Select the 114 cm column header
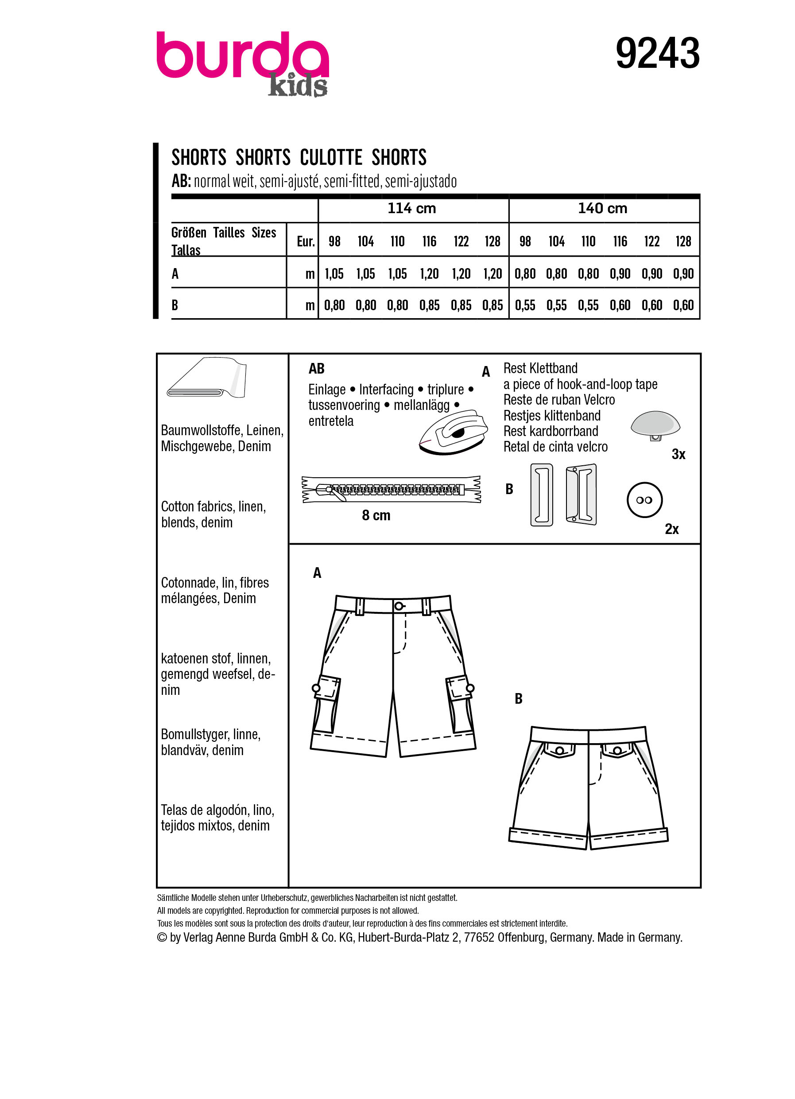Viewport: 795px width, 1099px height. pyautogui.click(x=411, y=208)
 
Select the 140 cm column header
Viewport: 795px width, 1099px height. pyautogui.click(x=602, y=208)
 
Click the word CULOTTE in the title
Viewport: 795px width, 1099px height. pyautogui.click(x=331, y=157)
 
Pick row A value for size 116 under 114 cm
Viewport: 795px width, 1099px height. pyautogui.click(x=429, y=274)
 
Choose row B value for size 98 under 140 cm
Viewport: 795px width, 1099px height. pyautogui.click(x=525, y=305)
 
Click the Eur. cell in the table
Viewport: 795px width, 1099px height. pyautogui.click(x=306, y=242)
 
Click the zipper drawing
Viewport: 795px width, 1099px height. pyautogui.click(x=391, y=489)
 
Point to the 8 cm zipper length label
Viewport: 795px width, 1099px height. pyautogui.click(x=376, y=515)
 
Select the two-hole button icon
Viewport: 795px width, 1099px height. pyautogui.click(x=644, y=500)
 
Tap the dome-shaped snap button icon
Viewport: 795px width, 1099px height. pyautogui.click(x=655, y=425)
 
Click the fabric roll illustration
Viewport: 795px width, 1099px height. pyautogui.click(x=207, y=378)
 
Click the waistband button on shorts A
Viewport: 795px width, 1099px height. pyautogui.click(x=399, y=606)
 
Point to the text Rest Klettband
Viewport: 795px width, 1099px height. pyautogui.click(x=540, y=368)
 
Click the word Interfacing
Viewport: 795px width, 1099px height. pyautogui.click(x=386, y=390)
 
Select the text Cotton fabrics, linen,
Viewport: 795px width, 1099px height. pyautogui.click(x=213, y=507)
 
